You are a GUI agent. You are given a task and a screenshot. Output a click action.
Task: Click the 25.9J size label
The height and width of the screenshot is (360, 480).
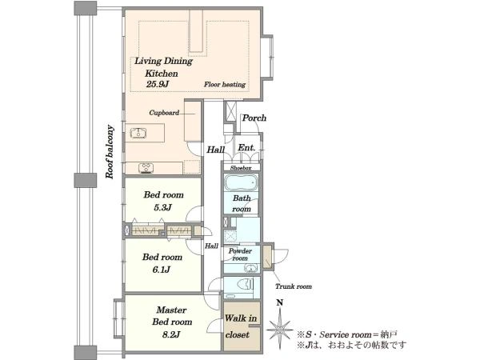click(x=158, y=84)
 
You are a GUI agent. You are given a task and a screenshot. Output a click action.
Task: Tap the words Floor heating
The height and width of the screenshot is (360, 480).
click(x=225, y=85)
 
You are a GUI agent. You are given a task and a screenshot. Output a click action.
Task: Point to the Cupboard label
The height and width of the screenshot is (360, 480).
click(x=164, y=113)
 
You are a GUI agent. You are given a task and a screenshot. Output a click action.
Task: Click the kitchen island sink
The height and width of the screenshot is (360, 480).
click(x=138, y=133)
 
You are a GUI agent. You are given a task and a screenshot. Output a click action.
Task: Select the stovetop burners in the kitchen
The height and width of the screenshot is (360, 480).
click(x=146, y=168)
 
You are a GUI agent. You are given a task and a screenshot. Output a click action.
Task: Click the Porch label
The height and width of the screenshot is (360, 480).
click(x=254, y=118)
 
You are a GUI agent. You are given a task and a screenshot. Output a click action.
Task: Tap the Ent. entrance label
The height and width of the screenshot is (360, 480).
click(x=246, y=148)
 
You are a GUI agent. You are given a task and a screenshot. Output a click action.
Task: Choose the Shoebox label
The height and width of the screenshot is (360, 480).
click(x=241, y=168)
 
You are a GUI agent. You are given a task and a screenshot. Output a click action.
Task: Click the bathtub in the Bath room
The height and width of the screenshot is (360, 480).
click(x=241, y=182)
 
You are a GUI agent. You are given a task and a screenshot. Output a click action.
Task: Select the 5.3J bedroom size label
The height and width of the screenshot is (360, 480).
click(x=162, y=207)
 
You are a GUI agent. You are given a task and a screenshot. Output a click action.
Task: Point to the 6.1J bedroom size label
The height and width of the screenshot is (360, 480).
click(x=162, y=270)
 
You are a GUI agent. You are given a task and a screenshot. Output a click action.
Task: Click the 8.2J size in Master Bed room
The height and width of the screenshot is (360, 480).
click(x=171, y=334)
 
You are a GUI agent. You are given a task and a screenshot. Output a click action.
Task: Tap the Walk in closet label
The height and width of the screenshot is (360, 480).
click(x=241, y=326)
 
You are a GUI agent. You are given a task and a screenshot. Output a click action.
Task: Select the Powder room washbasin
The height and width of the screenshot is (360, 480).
click(x=251, y=269)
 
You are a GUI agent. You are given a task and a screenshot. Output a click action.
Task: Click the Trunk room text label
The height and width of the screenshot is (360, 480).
click(x=294, y=286)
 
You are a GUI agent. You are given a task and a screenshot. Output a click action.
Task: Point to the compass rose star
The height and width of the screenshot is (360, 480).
click(x=280, y=330)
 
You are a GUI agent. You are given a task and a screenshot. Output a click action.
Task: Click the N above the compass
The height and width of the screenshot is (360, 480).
click(x=279, y=302)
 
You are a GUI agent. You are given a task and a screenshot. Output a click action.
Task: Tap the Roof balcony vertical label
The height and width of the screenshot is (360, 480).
click(x=110, y=152)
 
